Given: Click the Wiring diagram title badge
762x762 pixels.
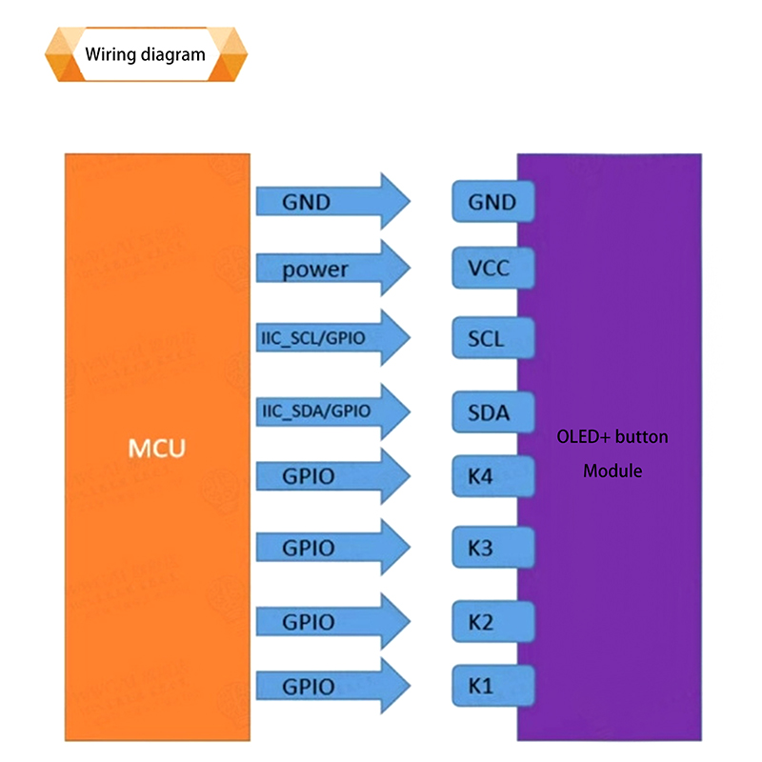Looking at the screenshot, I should [x=145, y=54].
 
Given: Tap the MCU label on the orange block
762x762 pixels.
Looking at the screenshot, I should [x=157, y=447].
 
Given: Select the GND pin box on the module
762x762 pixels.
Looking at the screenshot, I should [x=492, y=202].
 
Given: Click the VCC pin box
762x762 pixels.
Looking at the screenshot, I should [x=492, y=269].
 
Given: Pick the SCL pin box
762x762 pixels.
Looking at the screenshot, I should [x=492, y=338].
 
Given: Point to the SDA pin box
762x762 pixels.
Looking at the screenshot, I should [x=492, y=412].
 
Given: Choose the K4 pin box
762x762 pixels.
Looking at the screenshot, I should [x=492, y=474].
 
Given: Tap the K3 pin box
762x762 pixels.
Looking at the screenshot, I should [x=492, y=549].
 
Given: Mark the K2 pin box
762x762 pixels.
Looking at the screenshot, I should [x=492, y=622].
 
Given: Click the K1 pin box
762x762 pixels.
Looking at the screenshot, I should [x=492, y=686].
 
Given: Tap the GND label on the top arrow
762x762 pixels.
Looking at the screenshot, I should [x=306, y=202].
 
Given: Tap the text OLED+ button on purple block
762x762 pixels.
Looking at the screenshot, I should [x=612, y=437].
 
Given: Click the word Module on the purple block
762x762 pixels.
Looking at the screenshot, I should [x=612, y=471].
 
